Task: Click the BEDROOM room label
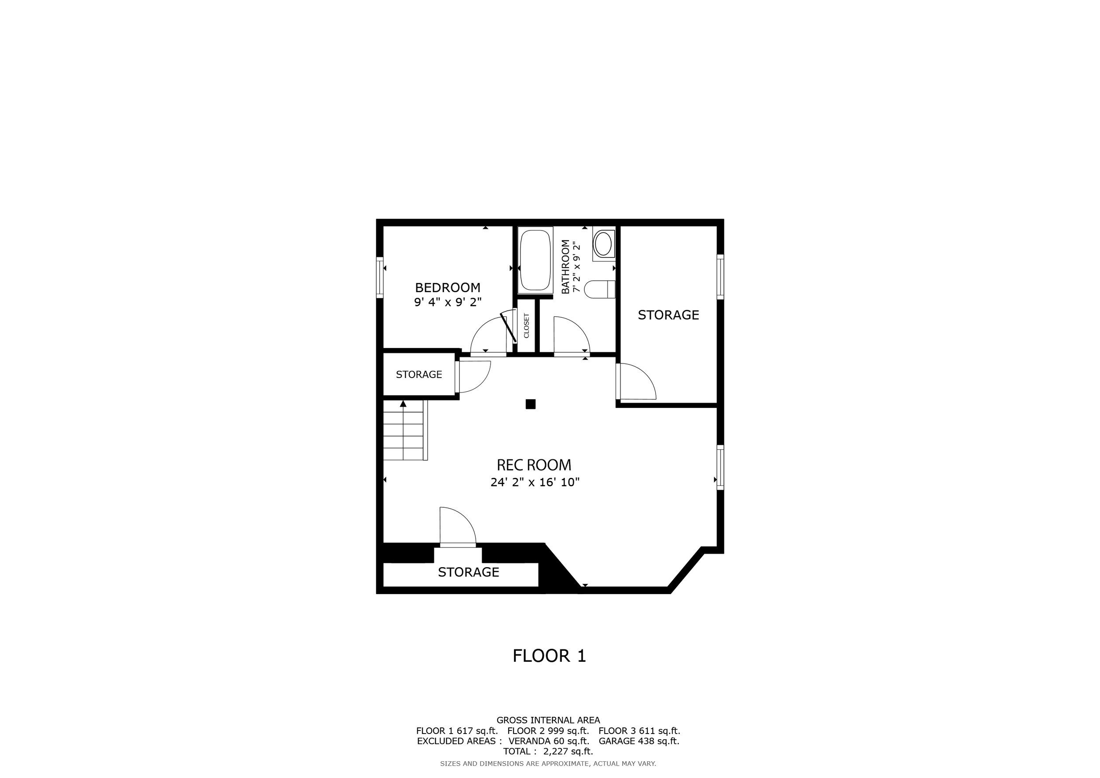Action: (x=447, y=287)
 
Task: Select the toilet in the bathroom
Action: (x=600, y=290)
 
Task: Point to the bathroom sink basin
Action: (x=603, y=244)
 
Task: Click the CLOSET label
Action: (x=527, y=326)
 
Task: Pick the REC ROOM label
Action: (x=534, y=465)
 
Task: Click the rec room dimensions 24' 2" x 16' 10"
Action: (x=535, y=482)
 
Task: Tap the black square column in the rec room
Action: (x=530, y=404)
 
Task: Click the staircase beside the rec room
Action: (x=405, y=430)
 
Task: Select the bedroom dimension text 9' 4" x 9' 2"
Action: (x=447, y=302)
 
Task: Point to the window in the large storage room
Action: (x=720, y=277)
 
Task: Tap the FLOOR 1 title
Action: (x=549, y=656)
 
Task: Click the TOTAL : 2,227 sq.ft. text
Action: (x=548, y=751)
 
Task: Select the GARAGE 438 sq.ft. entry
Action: (x=639, y=741)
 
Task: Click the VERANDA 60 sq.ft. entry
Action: (x=548, y=741)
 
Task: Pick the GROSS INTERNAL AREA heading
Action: (x=548, y=720)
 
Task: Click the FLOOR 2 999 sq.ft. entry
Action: (x=548, y=730)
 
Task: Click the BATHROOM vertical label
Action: (x=566, y=266)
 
